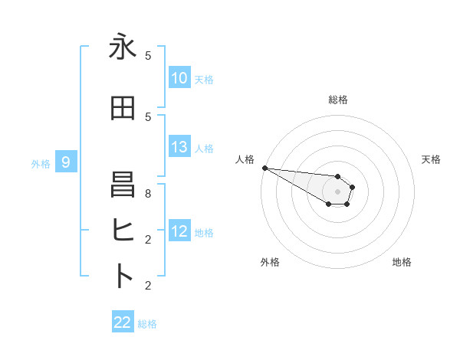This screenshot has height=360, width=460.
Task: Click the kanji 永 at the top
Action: pyautogui.click(x=123, y=47)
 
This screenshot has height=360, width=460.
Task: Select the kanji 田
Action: pyautogui.click(x=123, y=108)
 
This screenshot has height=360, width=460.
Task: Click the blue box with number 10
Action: pyautogui.click(x=179, y=78)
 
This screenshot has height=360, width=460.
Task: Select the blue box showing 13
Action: pyautogui.click(x=179, y=147)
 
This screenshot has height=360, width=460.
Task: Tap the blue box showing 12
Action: pyautogui.click(x=179, y=231)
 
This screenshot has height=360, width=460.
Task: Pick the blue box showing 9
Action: pyautogui.click(x=66, y=162)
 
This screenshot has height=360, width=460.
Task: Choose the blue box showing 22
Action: pyautogui.click(x=123, y=322)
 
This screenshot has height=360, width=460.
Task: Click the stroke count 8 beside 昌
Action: pyautogui.click(x=148, y=194)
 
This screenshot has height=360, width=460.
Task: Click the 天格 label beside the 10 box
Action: pyautogui.click(x=204, y=79)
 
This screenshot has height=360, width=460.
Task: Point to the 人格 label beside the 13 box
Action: pyautogui.click(x=204, y=148)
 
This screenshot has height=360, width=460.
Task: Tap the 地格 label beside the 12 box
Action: pyautogui.click(x=204, y=232)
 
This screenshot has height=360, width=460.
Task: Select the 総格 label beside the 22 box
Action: pyautogui.click(x=147, y=323)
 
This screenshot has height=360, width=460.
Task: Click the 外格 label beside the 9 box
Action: pyautogui.click(x=41, y=163)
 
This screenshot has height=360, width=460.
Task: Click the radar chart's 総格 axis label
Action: pyautogui.click(x=338, y=100)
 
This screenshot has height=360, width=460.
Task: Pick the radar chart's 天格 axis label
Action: pyautogui.click(x=432, y=159)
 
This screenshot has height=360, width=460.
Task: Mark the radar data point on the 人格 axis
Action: pyautogui.click(x=264, y=168)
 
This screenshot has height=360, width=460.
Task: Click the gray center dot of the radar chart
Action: pyautogui.click(x=338, y=191)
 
